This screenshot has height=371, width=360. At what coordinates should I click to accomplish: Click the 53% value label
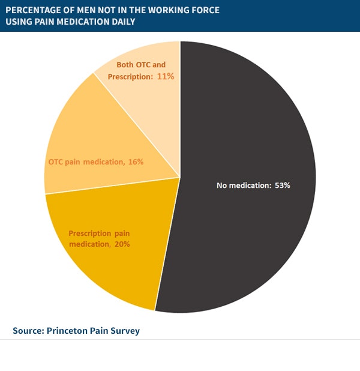(283, 185)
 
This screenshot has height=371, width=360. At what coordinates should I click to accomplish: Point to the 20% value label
(119, 244)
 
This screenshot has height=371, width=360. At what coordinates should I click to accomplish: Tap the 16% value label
(135, 162)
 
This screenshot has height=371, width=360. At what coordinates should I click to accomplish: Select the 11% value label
(166, 76)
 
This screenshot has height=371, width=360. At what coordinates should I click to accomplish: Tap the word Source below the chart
(28, 331)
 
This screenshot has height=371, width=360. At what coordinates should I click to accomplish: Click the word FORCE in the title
(203, 10)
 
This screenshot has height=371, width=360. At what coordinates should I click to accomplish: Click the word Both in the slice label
(125, 65)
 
